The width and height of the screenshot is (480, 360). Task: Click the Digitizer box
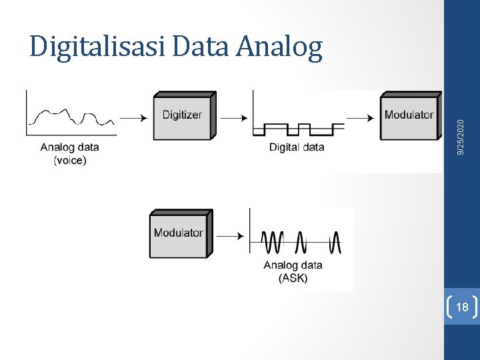coord(182,115)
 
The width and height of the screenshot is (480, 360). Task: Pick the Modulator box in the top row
coord(409,115)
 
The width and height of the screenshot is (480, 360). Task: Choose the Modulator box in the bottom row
coord(178,233)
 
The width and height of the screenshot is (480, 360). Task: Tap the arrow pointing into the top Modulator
coord(361,118)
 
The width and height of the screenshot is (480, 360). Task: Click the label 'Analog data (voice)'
coord(69,153)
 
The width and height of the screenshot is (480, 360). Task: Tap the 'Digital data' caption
coord(297,147)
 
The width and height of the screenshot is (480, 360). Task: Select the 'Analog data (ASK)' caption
coord(293,271)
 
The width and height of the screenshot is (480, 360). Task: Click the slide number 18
coord(461,307)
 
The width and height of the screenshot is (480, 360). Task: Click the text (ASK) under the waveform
coord(293,278)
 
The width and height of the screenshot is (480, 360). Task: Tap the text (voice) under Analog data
coord(69,160)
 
